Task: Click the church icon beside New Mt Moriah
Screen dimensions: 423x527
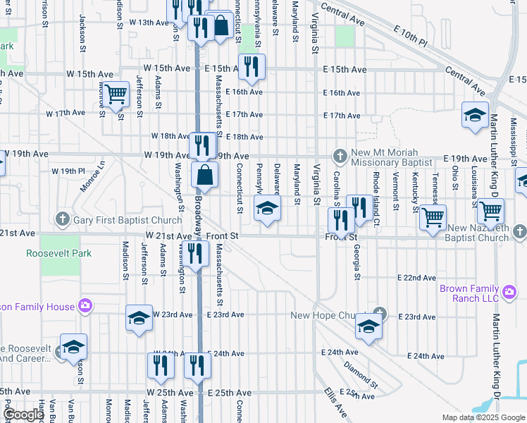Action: pyautogui.click(x=340, y=154)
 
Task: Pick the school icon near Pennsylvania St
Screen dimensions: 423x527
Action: pyautogui.click(x=266, y=209)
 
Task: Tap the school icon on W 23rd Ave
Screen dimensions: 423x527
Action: pyautogui.click(x=139, y=319)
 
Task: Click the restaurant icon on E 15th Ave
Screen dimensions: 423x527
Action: pyautogui.click(x=249, y=66)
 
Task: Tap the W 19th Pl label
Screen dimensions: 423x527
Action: pyautogui.click(x=68, y=171)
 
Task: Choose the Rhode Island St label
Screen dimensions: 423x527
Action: pyautogui.click(x=377, y=189)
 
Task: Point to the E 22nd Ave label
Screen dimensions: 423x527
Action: pyautogui.click(x=416, y=278)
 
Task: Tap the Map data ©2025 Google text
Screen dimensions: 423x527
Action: pyautogui.click(x=483, y=417)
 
